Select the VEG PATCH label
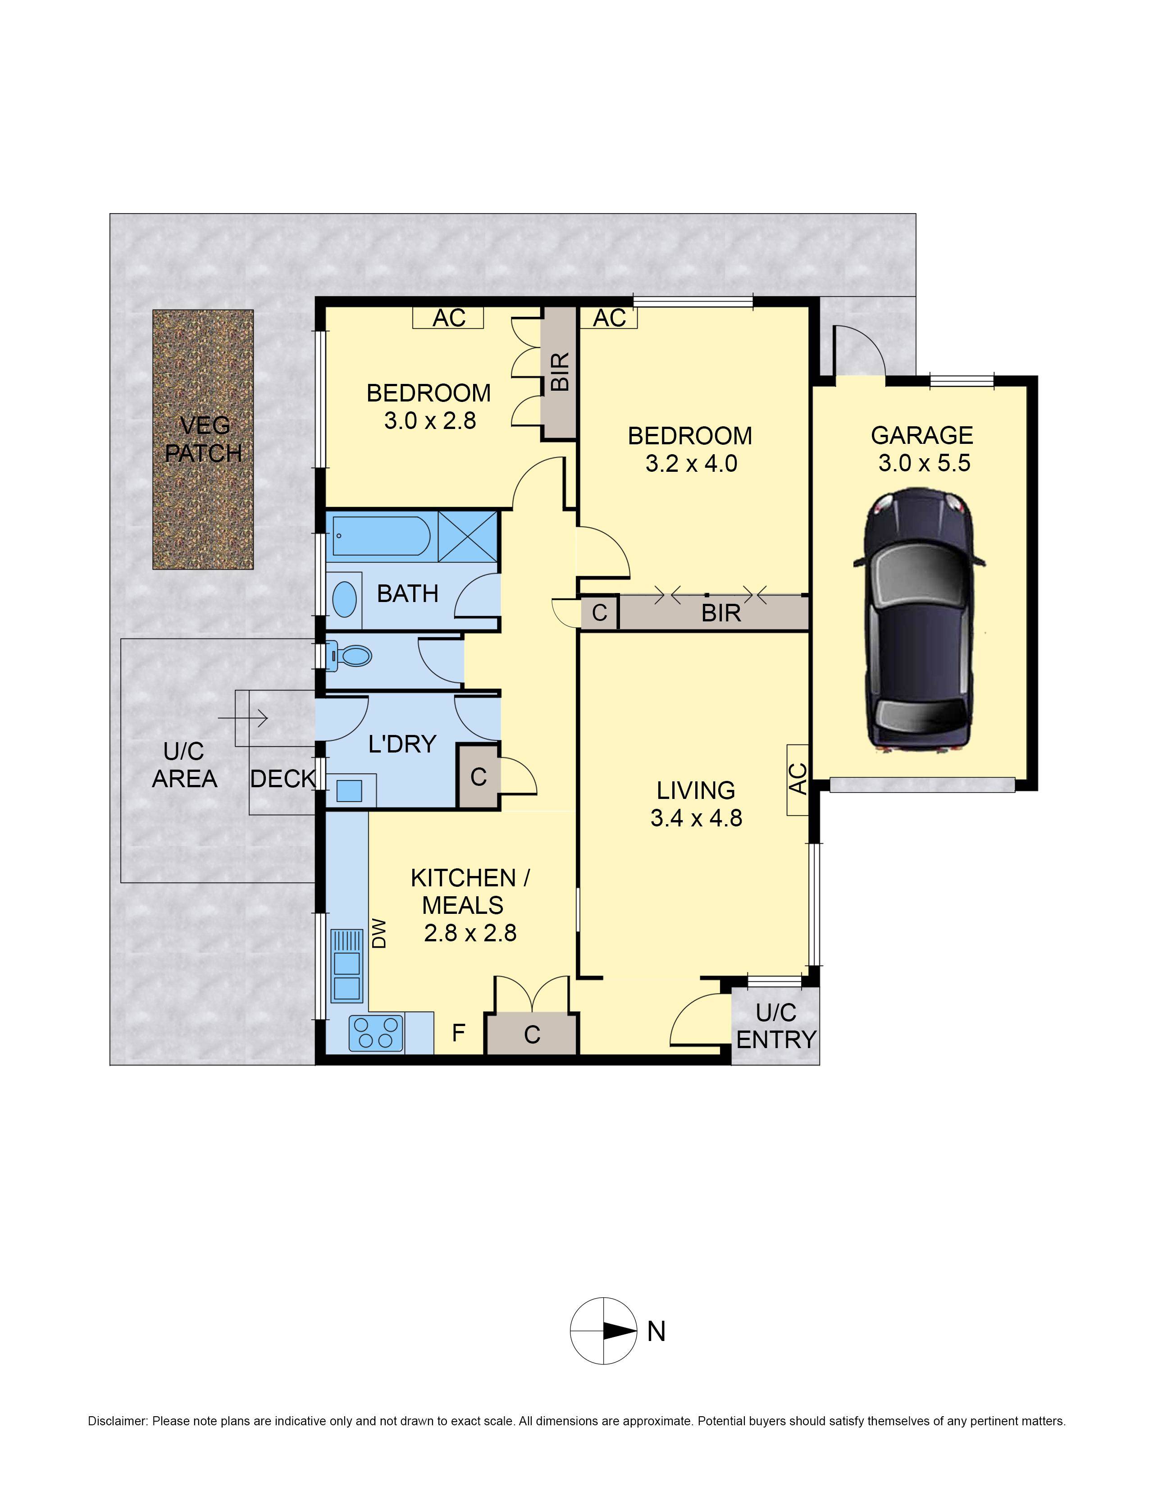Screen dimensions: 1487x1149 204,440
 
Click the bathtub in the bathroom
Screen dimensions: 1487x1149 381,537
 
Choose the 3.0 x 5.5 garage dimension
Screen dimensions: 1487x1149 924,464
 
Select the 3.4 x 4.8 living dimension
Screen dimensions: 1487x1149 696,818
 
